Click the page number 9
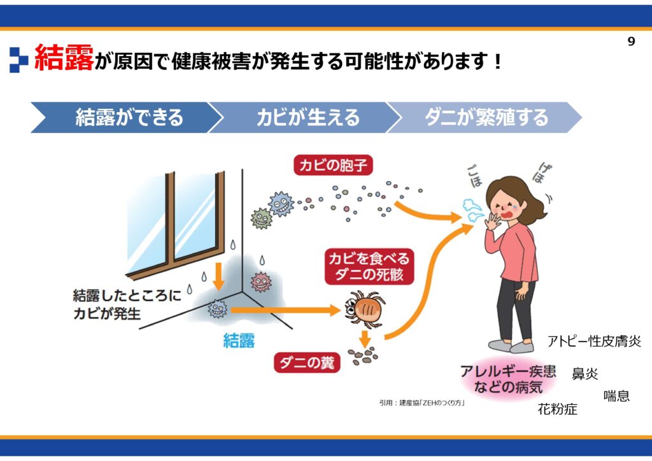point(631,41)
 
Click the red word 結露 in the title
point(64,57)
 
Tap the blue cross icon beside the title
point(18,60)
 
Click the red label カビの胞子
point(333,166)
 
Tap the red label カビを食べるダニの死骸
point(369,266)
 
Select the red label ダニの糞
point(307,363)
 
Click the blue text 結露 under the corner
point(239,341)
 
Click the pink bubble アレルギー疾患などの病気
point(507,379)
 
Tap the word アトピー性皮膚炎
point(594,341)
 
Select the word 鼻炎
point(585,374)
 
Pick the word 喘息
point(616,395)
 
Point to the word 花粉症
point(557,409)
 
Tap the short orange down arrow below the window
point(218,276)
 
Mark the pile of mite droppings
point(363,356)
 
